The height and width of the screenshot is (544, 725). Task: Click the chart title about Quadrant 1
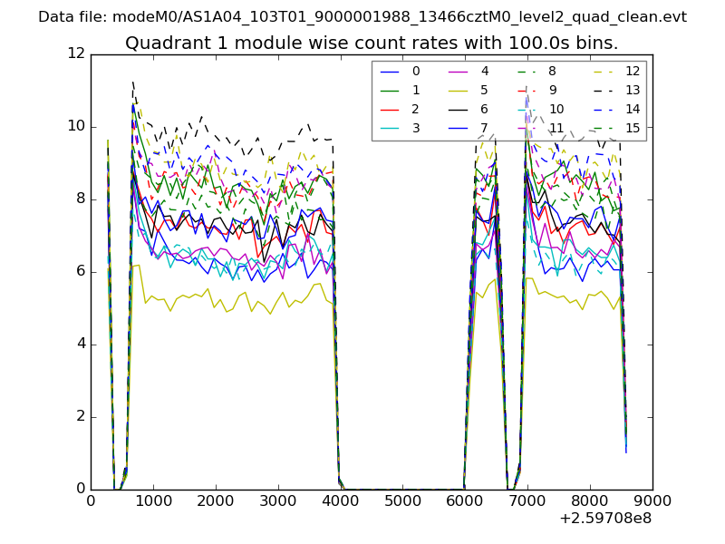click(372, 43)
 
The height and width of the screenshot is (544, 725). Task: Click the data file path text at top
click(362, 16)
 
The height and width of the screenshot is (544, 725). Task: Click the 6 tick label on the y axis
click(80, 272)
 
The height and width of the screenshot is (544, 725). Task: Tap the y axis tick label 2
click(80, 417)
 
